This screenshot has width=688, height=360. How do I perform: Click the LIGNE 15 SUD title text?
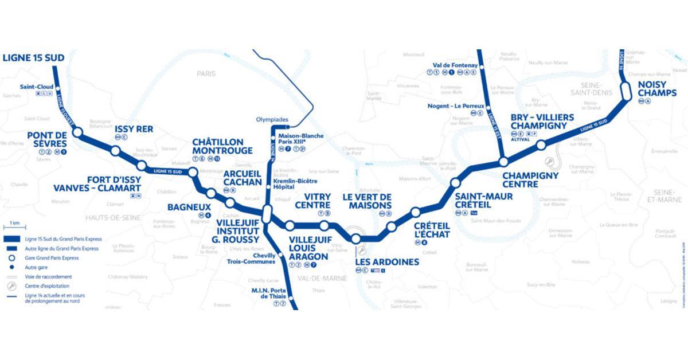pyautogui.click(x=33, y=57)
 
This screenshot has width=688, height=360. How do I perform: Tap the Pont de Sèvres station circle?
pyautogui.click(x=77, y=132)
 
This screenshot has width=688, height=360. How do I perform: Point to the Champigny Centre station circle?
pyautogui.click(x=503, y=162)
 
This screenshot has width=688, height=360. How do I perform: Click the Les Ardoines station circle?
pyautogui.click(x=356, y=238)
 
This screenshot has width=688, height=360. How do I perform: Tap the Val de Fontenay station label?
pyautogui.click(x=452, y=65)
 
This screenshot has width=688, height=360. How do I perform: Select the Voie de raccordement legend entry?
pyautogui.click(x=49, y=276)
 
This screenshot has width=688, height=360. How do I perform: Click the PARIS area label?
pyautogui.click(x=205, y=74)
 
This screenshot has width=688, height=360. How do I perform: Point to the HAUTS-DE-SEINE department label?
pyautogui.click(x=114, y=217)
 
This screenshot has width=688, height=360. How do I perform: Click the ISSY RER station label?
pyautogui.click(x=134, y=129)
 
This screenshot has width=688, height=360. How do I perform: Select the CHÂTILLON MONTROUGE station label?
pyautogui.click(x=222, y=146)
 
